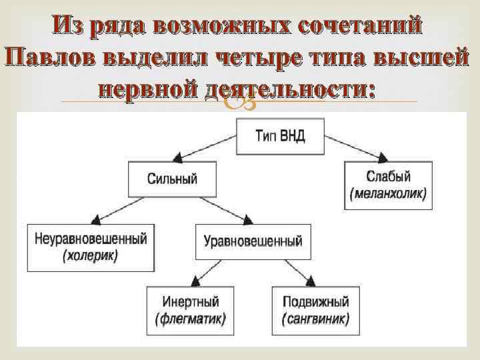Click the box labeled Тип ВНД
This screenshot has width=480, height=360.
tap(281, 137)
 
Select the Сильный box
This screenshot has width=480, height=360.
tap(173, 179)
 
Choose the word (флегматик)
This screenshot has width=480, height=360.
tap(191, 318)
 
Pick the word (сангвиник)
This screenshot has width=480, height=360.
tap(316, 318)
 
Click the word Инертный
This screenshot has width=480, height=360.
tap(191, 301)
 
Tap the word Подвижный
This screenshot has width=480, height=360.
tap(316, 301)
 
